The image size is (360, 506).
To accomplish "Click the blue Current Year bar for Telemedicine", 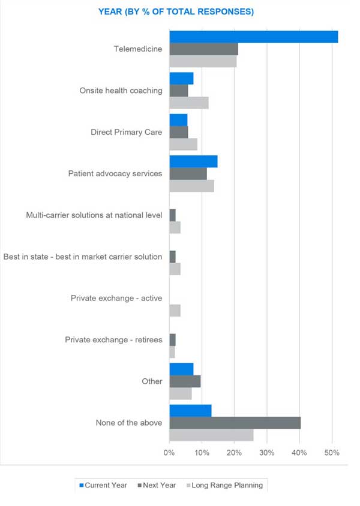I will (253, 37).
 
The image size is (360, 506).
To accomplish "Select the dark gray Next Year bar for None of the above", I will (235, 423).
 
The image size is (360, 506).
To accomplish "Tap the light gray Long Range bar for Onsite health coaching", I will (188, 103).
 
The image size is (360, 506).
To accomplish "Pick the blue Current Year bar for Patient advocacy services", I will (193, 161).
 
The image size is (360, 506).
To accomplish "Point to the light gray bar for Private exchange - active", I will (175, 310).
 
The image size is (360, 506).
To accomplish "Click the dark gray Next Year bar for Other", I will (185, 381).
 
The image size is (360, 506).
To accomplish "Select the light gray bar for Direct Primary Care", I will (183, 144).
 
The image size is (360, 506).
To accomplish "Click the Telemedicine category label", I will (137, 49).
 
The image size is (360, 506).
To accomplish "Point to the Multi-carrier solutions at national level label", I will (94, 215).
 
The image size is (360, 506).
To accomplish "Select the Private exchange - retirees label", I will (113, 340).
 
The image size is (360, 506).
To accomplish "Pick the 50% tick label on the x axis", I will (332, 451).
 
